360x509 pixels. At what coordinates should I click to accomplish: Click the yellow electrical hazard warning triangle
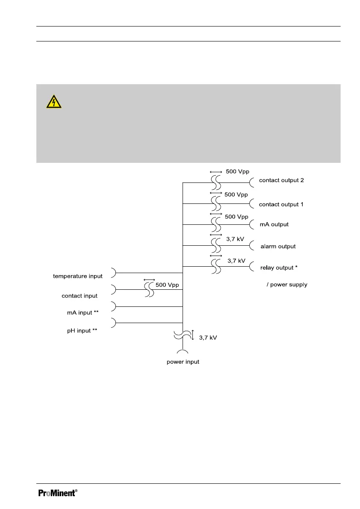point(54,102)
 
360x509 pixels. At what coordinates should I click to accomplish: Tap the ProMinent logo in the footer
point(58,493)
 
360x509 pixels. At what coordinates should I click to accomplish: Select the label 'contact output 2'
point(281,180)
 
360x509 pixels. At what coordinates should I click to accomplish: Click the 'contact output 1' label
point(281,204)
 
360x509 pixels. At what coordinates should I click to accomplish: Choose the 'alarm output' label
point(278,247)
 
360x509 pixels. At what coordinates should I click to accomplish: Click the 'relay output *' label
point(279,268)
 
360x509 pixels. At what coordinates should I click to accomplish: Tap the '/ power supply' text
point(286,285)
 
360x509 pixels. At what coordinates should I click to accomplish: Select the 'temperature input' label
point(78,276)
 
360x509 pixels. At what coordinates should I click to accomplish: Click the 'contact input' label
point(80,296)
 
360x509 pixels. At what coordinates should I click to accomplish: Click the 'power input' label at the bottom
point(183,362)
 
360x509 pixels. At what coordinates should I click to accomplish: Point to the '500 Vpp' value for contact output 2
point(237,171)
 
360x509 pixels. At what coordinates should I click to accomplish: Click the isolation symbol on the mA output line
point(216,224)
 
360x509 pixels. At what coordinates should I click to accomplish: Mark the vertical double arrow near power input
point(193,335)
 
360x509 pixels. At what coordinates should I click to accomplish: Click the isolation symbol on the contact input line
point(149,290)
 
